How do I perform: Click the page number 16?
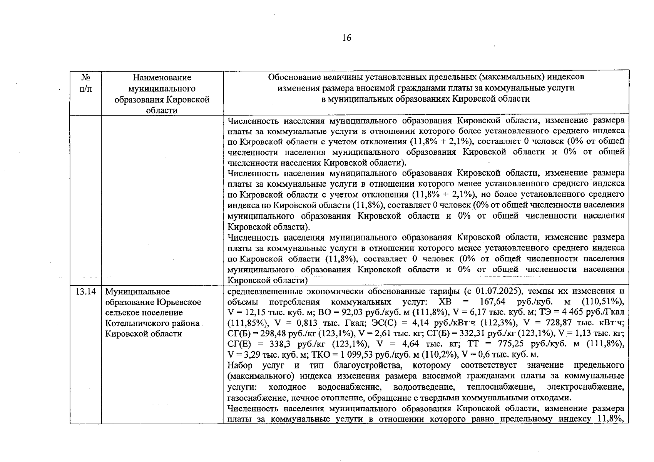[346, 38]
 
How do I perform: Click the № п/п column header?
[85, 83]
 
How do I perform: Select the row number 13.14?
[85, 291]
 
